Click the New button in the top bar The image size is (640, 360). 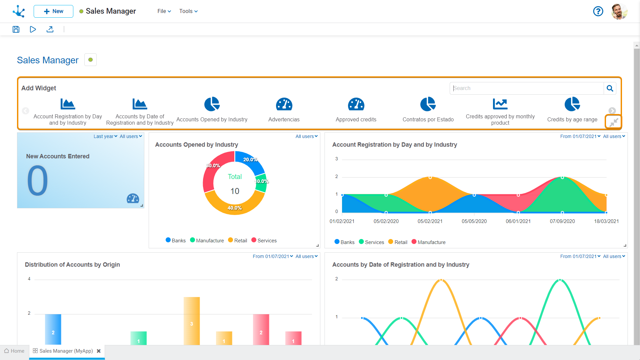click(x=53, y=11)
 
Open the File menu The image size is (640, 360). click(x=164, y=11)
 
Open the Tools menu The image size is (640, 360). click(x=188, y=11)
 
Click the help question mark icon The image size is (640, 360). click(x=598, y=11)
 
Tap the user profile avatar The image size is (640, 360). click(x=619, y=12)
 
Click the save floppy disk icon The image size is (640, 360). click(x=16, y=29)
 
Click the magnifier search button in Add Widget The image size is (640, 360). click(x=610, y=88)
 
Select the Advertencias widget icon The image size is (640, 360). click(x=284, y=105)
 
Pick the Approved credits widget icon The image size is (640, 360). click(x=356, y=105)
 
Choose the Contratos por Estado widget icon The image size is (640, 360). click(x=428, y=104)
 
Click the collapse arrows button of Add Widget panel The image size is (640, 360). click(x=614, y=122)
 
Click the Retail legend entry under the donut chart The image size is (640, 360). click(x=238, y=241)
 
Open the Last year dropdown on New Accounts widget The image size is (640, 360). click(x=105, y=136)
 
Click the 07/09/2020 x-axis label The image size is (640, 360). click(x=562, y=221)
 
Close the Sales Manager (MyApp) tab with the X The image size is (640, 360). click(x=99, y=351)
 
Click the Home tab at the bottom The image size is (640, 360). click(x=14, y=351)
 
